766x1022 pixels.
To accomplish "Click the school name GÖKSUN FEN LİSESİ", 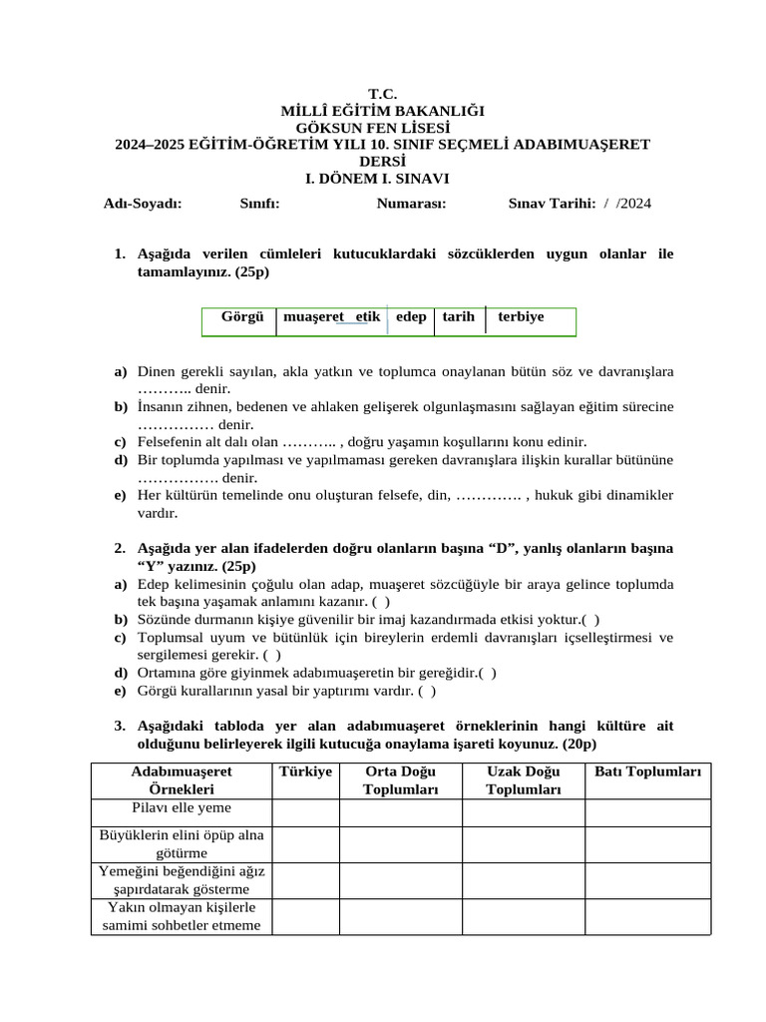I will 382,128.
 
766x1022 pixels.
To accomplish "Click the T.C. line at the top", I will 382,94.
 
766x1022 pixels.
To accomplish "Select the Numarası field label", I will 411,204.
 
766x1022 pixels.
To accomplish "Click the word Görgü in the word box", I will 242,317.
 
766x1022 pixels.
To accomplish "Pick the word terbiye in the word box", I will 521,317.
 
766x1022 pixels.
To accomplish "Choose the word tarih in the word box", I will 459,317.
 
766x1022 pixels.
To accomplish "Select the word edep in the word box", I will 411,317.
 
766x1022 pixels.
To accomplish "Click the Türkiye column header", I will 305,772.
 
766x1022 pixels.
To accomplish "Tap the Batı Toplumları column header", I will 647,772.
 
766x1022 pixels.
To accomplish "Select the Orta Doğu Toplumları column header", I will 400,780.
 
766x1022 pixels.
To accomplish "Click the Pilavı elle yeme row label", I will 182,807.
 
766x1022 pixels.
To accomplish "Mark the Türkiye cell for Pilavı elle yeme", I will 305,811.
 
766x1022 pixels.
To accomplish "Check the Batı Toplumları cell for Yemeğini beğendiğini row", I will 647,880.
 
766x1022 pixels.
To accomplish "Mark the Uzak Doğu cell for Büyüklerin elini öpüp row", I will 523,844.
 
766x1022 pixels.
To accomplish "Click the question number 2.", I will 119,549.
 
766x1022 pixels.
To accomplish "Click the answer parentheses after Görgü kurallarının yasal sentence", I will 427,691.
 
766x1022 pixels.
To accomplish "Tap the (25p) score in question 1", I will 251,271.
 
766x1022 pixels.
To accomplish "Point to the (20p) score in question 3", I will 578,745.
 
